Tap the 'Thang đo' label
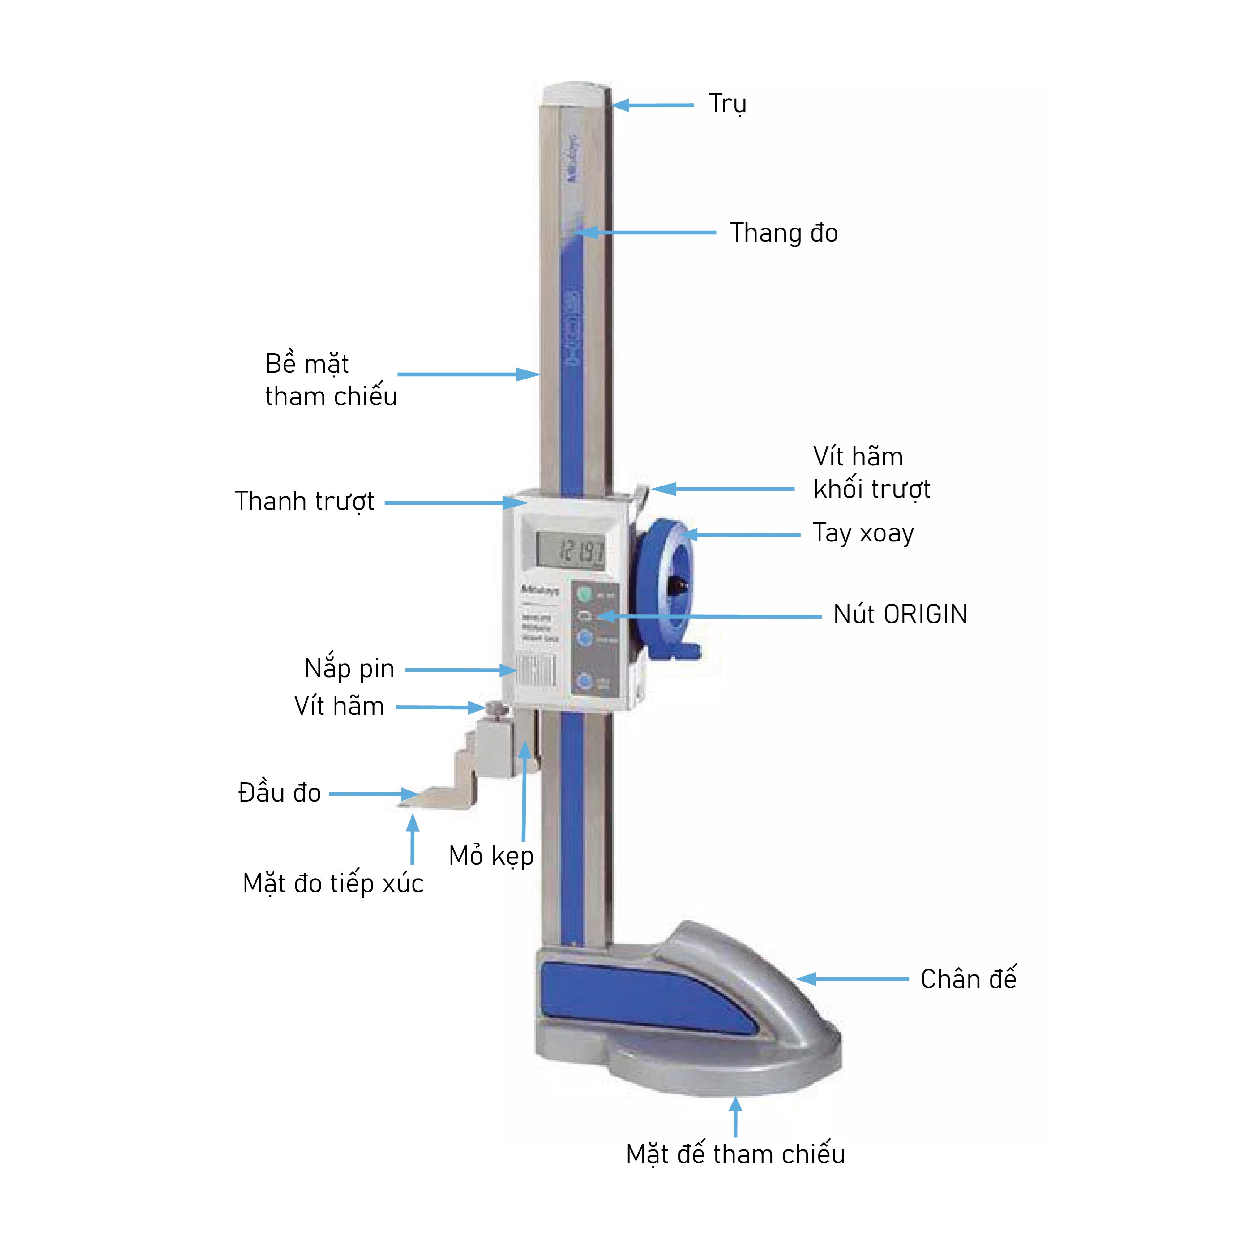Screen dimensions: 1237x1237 click(784, 233)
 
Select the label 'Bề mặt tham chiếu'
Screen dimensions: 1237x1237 click(330, 380)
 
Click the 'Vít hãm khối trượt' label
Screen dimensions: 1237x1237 click(871, 473)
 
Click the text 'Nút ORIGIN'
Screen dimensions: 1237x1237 click(900, 615)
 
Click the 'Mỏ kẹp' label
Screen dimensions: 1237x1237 click(491, 856)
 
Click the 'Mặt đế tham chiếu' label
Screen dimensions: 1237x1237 click(735, 1154)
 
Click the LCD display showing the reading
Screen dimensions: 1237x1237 click(570, 551)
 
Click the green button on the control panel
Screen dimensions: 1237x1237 click(584, 594)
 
